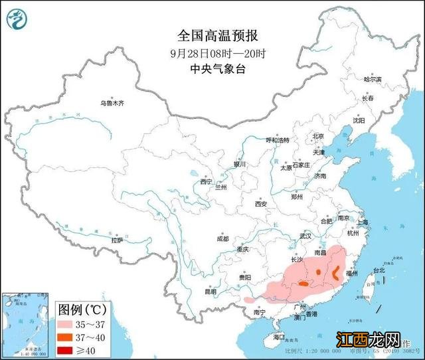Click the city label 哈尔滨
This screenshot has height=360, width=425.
coord(373,79)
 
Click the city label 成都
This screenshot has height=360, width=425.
coord(221,238)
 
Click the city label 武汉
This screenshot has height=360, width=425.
coord(305,236)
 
